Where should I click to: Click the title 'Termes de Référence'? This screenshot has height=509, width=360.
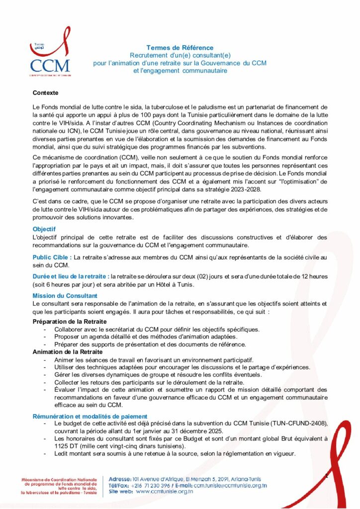180,48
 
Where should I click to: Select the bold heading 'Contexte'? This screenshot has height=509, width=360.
45,93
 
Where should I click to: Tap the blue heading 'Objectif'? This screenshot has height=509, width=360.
44,229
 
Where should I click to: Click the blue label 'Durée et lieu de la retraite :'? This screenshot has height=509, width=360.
71,276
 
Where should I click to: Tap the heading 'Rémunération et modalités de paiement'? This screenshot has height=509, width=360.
90,416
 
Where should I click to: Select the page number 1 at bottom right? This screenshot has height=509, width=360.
326,477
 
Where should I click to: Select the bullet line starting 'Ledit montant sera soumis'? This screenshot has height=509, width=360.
175,453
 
